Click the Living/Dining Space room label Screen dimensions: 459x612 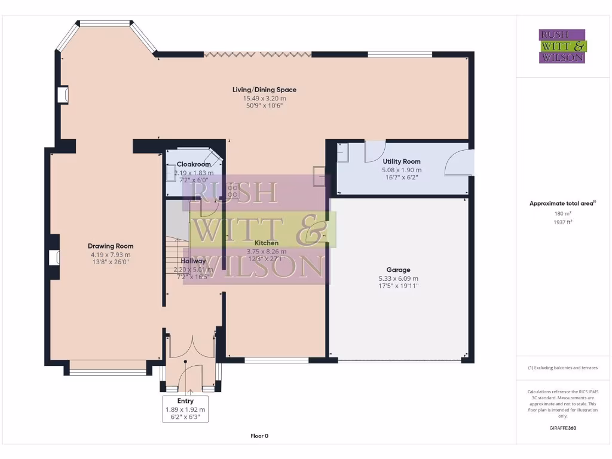pos(264,90)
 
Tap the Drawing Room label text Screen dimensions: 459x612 pos(111,246)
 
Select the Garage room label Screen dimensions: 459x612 pos(398,270)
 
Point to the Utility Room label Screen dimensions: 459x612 pos(401,161)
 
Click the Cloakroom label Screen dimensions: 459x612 pos(194,164)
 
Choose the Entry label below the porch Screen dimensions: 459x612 pos(185,401)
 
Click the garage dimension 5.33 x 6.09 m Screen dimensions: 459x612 pos(398,278)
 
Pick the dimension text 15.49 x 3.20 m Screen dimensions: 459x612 pos(264,98)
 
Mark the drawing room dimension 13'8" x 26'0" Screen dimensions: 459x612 pos(111,261)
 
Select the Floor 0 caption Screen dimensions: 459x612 pos(259,436)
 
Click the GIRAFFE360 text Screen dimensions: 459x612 pos(562,428)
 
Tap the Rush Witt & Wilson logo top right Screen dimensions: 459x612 pos(562,46)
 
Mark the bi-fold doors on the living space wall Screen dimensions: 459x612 pos(258,54)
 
